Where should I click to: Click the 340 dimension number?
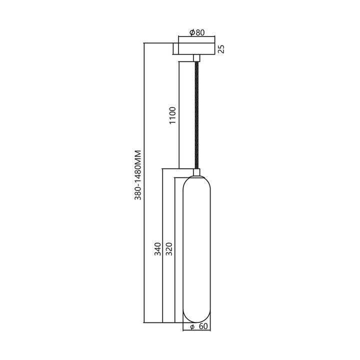[157, 248]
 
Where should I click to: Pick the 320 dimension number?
[169, 248]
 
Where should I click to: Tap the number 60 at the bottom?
[202, 327]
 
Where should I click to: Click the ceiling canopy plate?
[195, 48]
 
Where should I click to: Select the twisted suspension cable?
[196, 115]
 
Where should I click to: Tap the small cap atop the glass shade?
[196, 172]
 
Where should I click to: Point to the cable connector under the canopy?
[196, 57]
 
